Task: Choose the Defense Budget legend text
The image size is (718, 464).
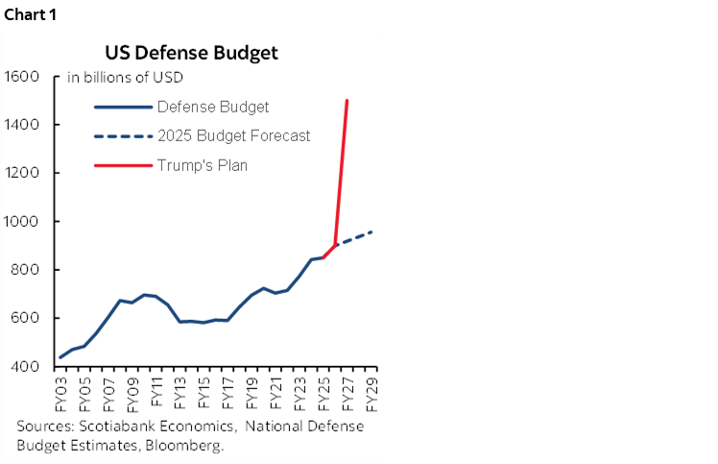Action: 212,107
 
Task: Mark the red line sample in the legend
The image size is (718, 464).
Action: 122,165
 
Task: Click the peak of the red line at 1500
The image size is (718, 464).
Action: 347,100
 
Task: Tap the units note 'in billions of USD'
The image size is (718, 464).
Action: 125,78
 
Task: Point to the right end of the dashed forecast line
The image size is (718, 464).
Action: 371,232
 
